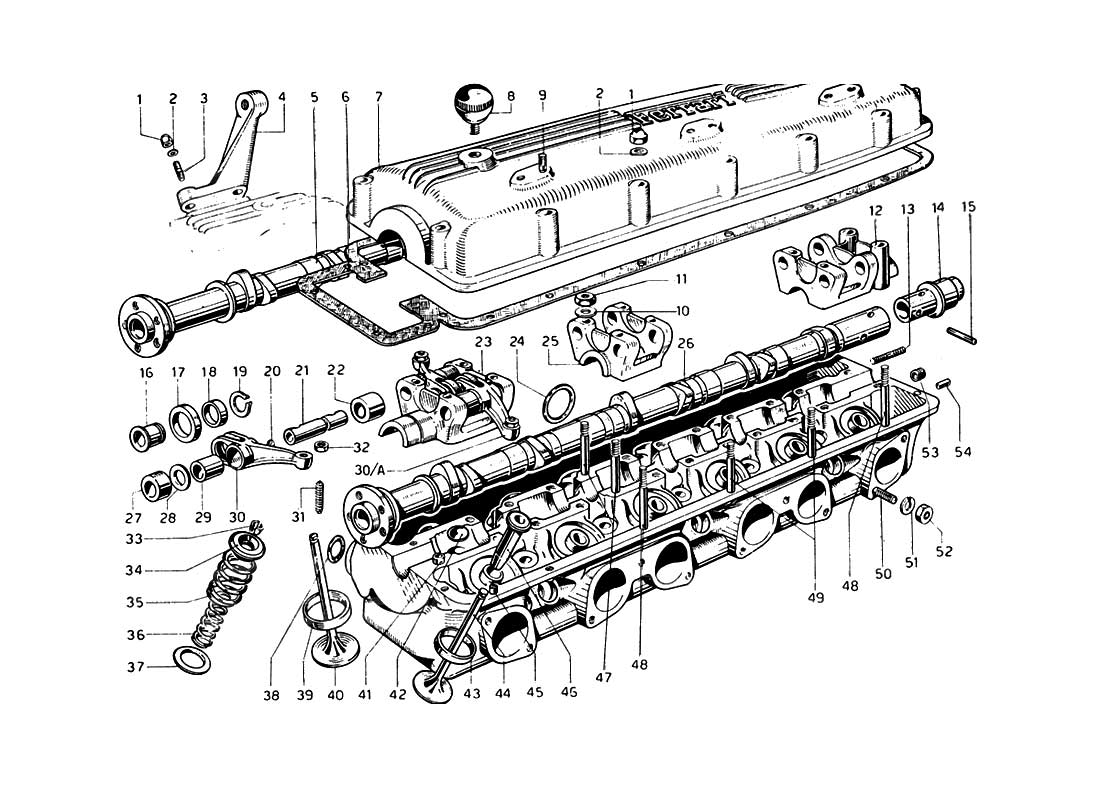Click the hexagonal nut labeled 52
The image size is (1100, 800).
(925, 517)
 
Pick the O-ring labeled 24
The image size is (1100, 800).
(556, 404)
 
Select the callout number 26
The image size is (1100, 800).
(685, 343)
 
